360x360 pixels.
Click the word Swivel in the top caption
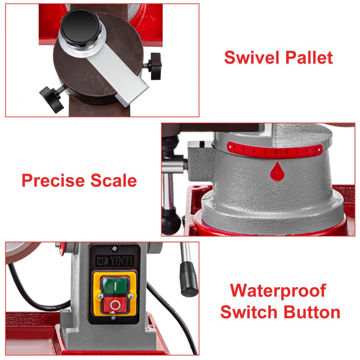(x=248, y=57)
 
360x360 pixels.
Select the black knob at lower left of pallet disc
(x=51, y=99)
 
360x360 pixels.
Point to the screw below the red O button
(x=114, y=318)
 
